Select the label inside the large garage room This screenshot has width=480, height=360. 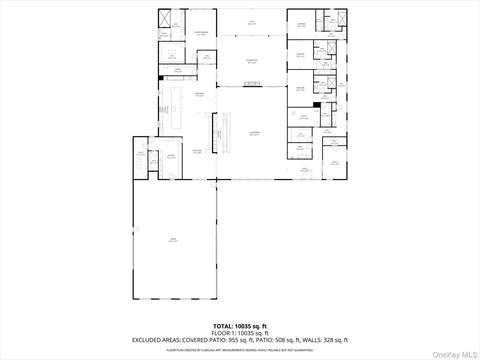pos(172,240)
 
